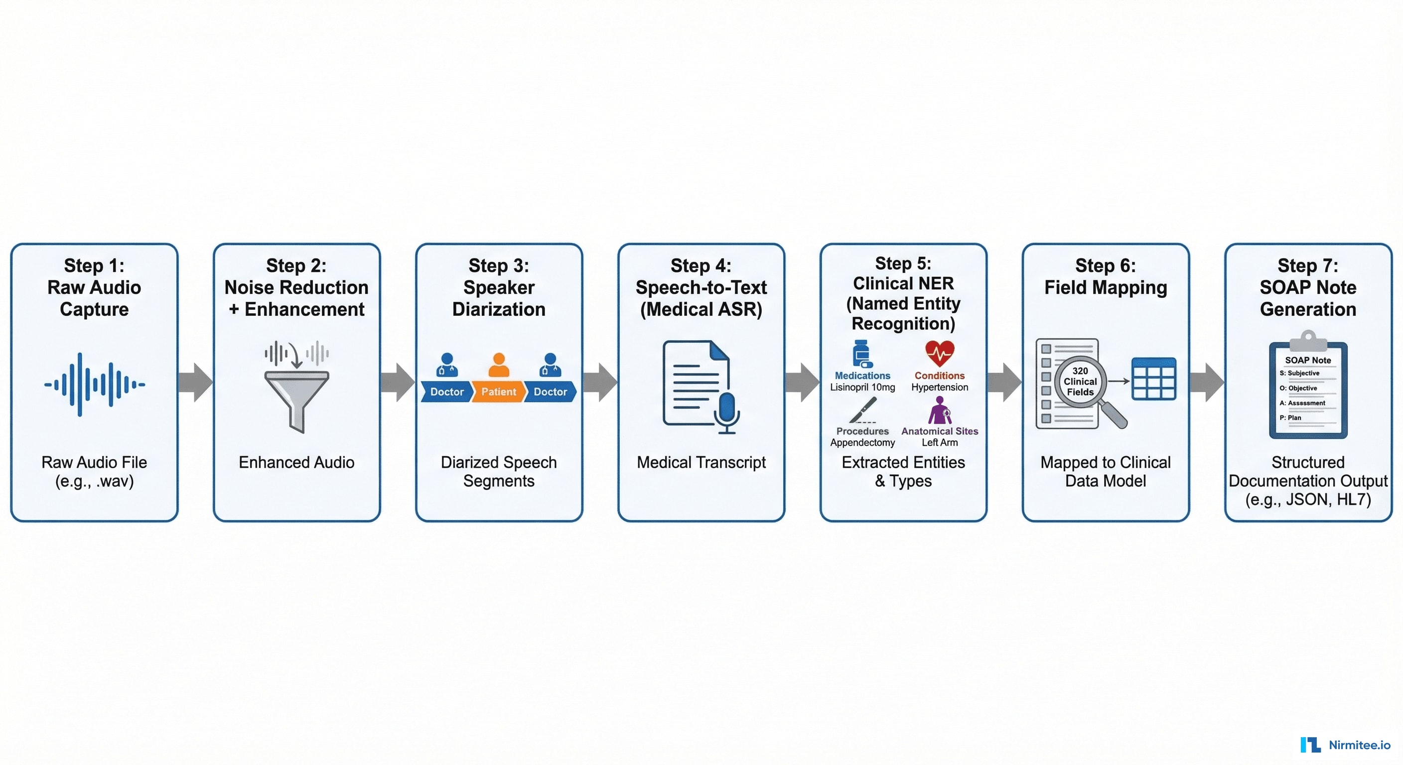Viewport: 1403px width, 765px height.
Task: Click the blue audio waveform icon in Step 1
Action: pos(94,384)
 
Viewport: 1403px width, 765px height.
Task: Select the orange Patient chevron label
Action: pos(498,391)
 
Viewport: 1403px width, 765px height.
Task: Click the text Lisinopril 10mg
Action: pos(862,387)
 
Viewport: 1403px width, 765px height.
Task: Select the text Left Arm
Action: pos(940,443)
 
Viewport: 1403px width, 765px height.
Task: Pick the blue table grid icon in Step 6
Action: pos(1153,380)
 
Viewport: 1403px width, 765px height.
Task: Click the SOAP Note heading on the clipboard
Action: pos(1308,360)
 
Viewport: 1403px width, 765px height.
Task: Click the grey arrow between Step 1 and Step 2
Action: pos(195,382)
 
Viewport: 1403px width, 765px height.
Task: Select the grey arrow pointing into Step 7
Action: pos(1206,382)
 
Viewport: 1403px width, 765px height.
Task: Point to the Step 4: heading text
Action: pos(701,266)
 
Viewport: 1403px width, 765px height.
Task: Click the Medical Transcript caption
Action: pos(701,462)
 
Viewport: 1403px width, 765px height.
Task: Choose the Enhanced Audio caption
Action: pos(296,462)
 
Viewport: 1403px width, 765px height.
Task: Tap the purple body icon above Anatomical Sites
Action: pos(940,410)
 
